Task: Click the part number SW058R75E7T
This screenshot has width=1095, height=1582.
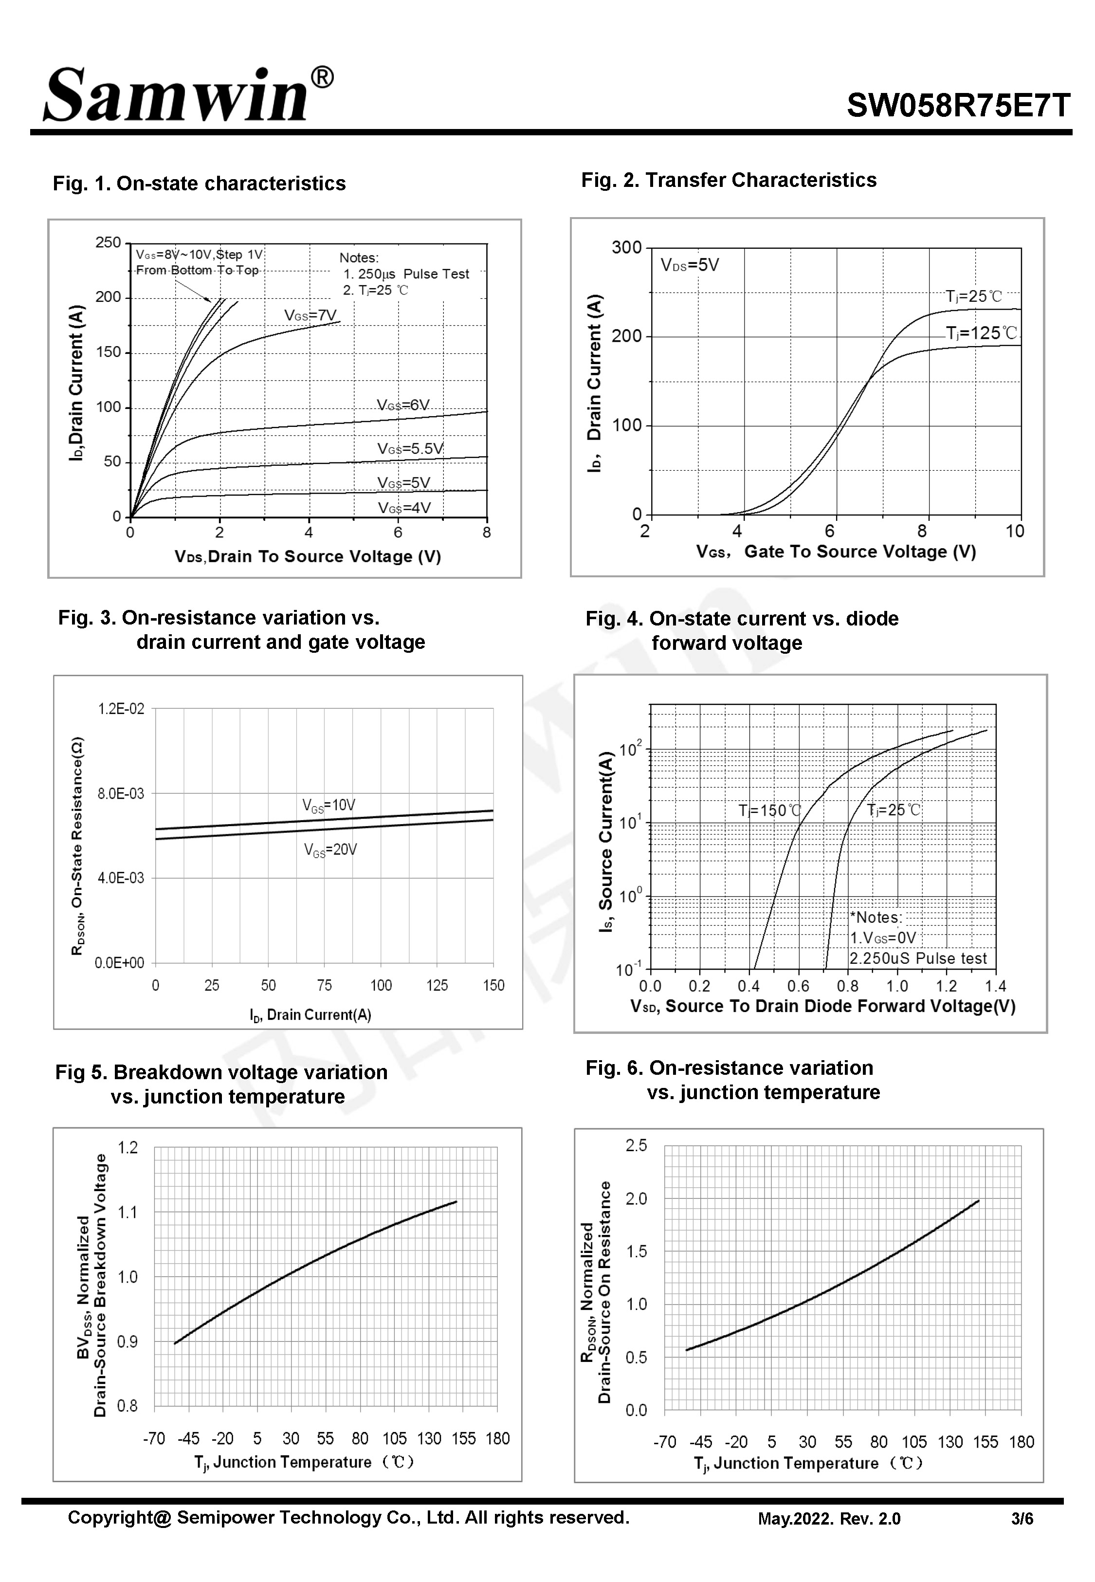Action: tap(958, 106)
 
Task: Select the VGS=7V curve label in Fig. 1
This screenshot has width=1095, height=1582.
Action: tap(310, 315)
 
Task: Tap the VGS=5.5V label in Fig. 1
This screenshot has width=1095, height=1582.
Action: tap(410, 449)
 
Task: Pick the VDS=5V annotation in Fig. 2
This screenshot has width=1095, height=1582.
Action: tap(690, 265)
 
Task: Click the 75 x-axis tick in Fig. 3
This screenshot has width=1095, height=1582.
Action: tap(325, 986)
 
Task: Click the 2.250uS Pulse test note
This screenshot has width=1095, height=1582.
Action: tap(918, 958)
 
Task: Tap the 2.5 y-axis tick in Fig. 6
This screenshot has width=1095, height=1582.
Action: tap(636, 1146)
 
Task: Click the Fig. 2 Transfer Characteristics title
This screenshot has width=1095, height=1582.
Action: tap(729, 180)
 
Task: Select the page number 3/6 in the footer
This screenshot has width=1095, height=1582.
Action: tap(1022, 1519)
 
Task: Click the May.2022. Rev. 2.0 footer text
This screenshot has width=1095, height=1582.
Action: tap(829, 1519)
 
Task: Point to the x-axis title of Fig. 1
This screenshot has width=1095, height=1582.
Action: tap(308, 556)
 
